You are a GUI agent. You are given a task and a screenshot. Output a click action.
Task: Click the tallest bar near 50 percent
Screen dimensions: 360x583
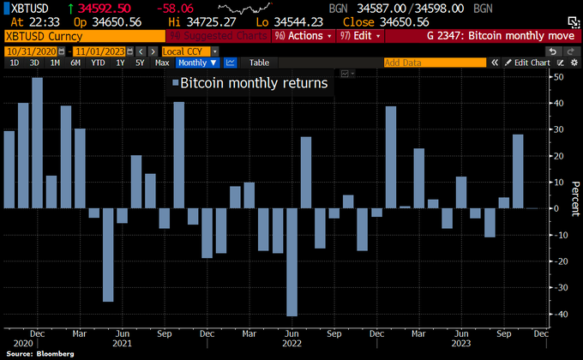38,142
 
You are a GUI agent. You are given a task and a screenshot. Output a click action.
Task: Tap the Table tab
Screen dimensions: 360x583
259,63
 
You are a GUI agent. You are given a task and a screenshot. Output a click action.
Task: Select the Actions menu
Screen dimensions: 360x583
303,36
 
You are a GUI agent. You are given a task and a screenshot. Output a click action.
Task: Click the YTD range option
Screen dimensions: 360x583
99,63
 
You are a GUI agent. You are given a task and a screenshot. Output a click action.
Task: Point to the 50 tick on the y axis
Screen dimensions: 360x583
558,77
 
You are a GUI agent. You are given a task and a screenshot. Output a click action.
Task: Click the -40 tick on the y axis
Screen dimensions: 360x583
558,314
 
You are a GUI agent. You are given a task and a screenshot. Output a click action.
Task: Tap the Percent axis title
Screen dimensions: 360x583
572,195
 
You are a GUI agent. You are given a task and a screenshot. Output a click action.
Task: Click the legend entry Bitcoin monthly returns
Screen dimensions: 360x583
248,83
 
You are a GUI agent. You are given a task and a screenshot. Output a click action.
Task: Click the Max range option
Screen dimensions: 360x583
162,63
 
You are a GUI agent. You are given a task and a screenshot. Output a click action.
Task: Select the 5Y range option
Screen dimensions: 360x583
141,63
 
